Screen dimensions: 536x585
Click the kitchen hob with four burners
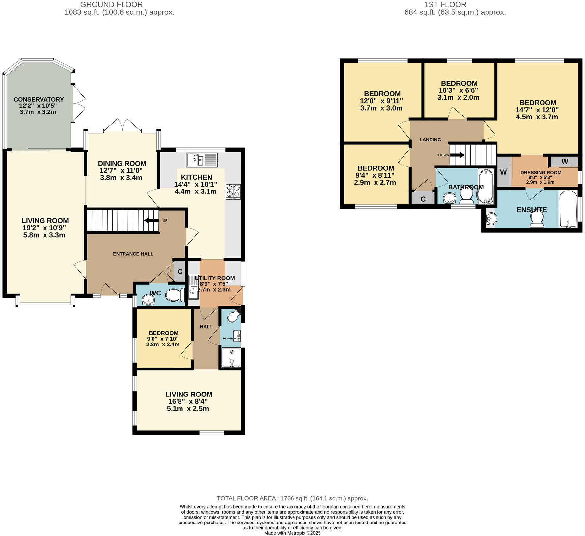point(233,191)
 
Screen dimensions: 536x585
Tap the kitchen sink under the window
point(202,160)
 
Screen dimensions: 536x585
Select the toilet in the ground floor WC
point(175,295)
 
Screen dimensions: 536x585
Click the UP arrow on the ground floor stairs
point(152,220)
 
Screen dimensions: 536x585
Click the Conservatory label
point(39,99)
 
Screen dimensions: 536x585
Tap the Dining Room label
point(122,163)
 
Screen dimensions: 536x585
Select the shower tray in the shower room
point(232,357)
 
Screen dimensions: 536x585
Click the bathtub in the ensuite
point(568,209)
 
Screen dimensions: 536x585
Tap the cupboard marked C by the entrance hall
point(180,272)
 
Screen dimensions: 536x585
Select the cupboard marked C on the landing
point(423,199)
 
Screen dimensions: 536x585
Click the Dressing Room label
point(541,172)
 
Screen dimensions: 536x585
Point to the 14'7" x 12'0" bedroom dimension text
point(537,110)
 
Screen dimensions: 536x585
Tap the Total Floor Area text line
point(292,498)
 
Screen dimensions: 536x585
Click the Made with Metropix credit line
point(292,533)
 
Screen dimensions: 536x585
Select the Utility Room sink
point(193,290)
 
